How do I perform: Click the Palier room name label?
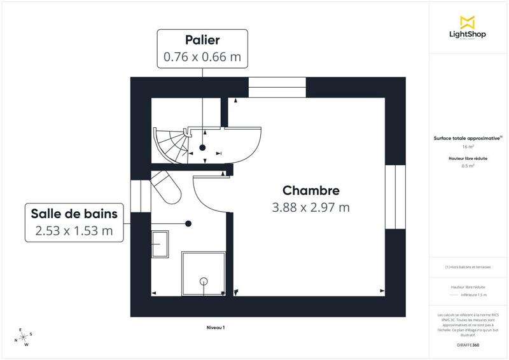(x=202, y=39)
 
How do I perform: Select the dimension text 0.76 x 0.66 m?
(x=202, y=57)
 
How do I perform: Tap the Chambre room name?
(x=310, y=190)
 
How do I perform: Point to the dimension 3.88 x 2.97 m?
(x=310, y=207)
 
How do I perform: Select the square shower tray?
(x=204, y=273)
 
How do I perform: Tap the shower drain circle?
(x=204, y=280)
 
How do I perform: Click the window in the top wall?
(x=277, y=87)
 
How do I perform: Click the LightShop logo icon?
(x=469, y=24)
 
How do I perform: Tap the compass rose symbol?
(x=24, y=338)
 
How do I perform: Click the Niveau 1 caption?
(x=216, y=328)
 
